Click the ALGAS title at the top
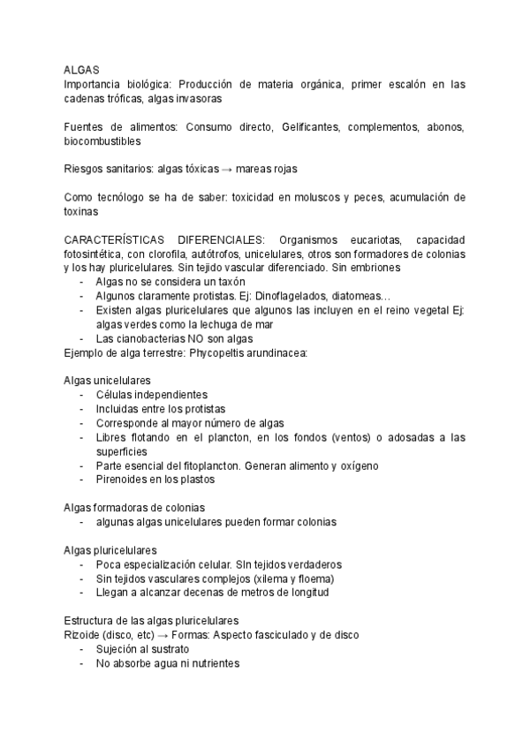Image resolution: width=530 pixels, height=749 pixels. (81, 69)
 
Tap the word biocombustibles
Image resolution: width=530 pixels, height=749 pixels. (102, 140)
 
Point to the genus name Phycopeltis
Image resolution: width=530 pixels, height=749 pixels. (220, 352)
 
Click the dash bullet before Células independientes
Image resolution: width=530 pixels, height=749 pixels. (82, 395)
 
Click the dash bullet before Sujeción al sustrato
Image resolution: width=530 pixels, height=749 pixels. (82, 649)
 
